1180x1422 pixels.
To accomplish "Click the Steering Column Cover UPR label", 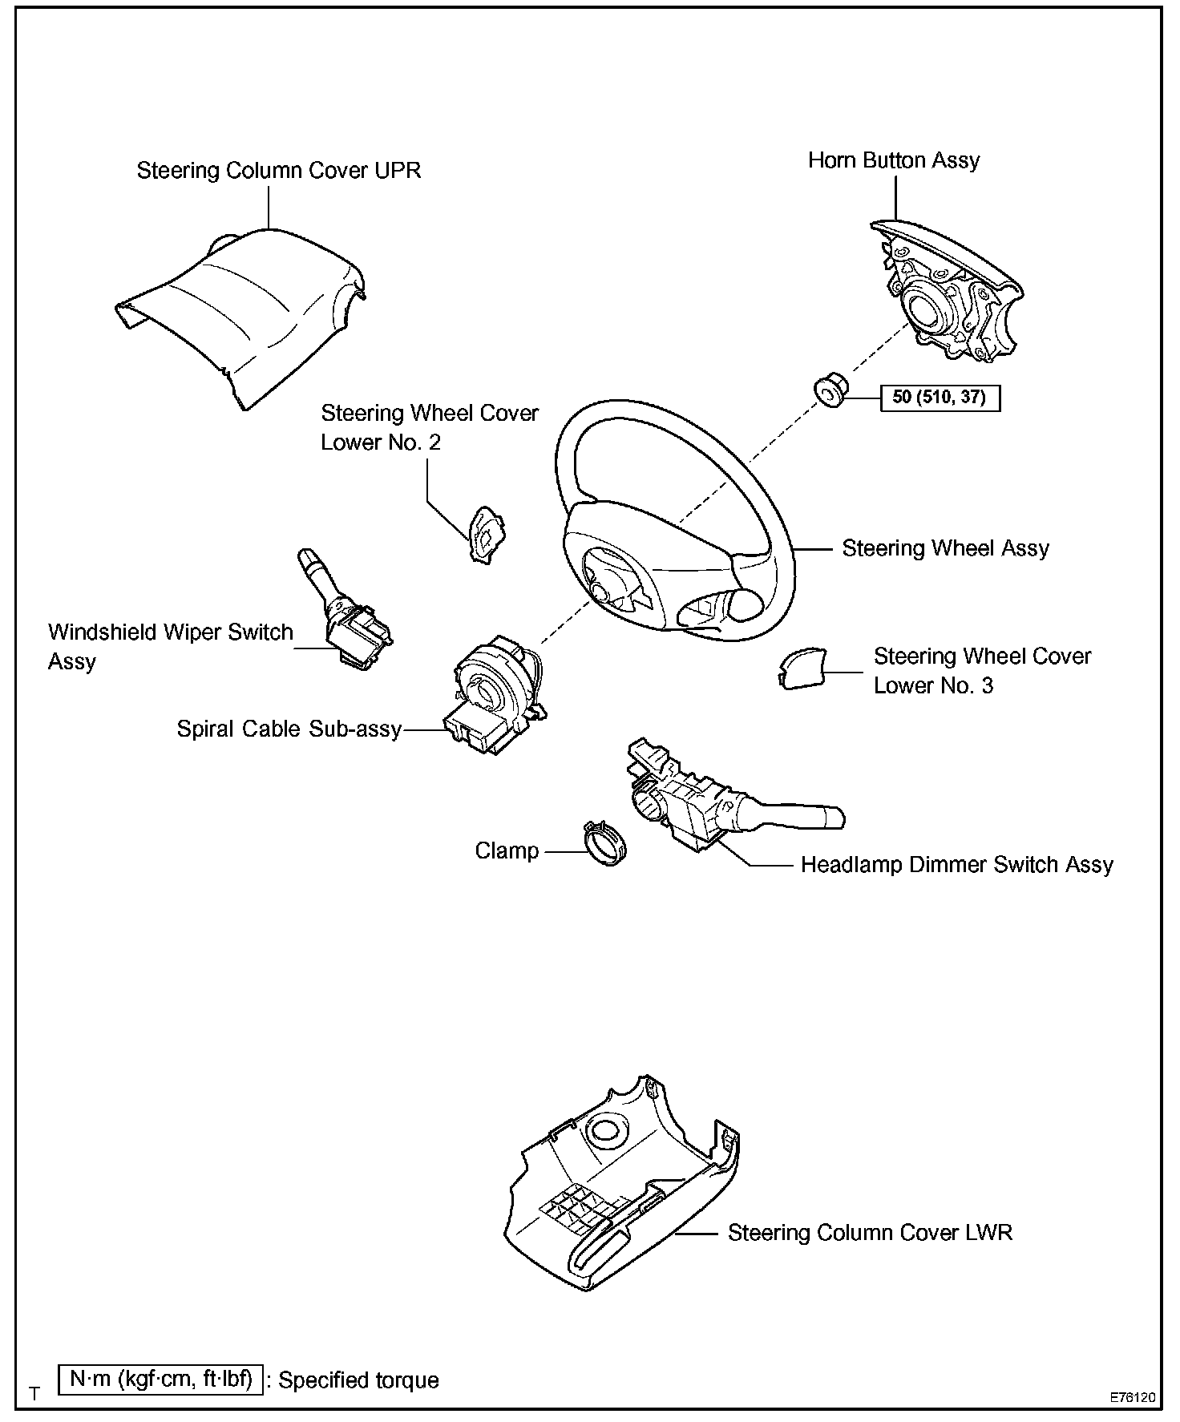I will [278, 171].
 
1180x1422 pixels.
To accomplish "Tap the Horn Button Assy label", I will [893, 160].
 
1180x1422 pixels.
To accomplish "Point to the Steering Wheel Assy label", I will [945, 548].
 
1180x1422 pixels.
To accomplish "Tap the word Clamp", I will [507, 850].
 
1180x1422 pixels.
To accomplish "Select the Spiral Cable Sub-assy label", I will [289, 729].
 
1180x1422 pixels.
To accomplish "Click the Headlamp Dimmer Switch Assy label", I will [956, 865].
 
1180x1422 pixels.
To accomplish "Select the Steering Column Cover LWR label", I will [870, 1233].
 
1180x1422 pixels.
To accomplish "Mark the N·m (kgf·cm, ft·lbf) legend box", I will [160, 1380].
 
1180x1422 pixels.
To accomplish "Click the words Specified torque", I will [358, 1380].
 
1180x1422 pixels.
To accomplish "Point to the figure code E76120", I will [1132, 1397].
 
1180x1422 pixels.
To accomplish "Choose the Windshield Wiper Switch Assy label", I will [170, 646].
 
